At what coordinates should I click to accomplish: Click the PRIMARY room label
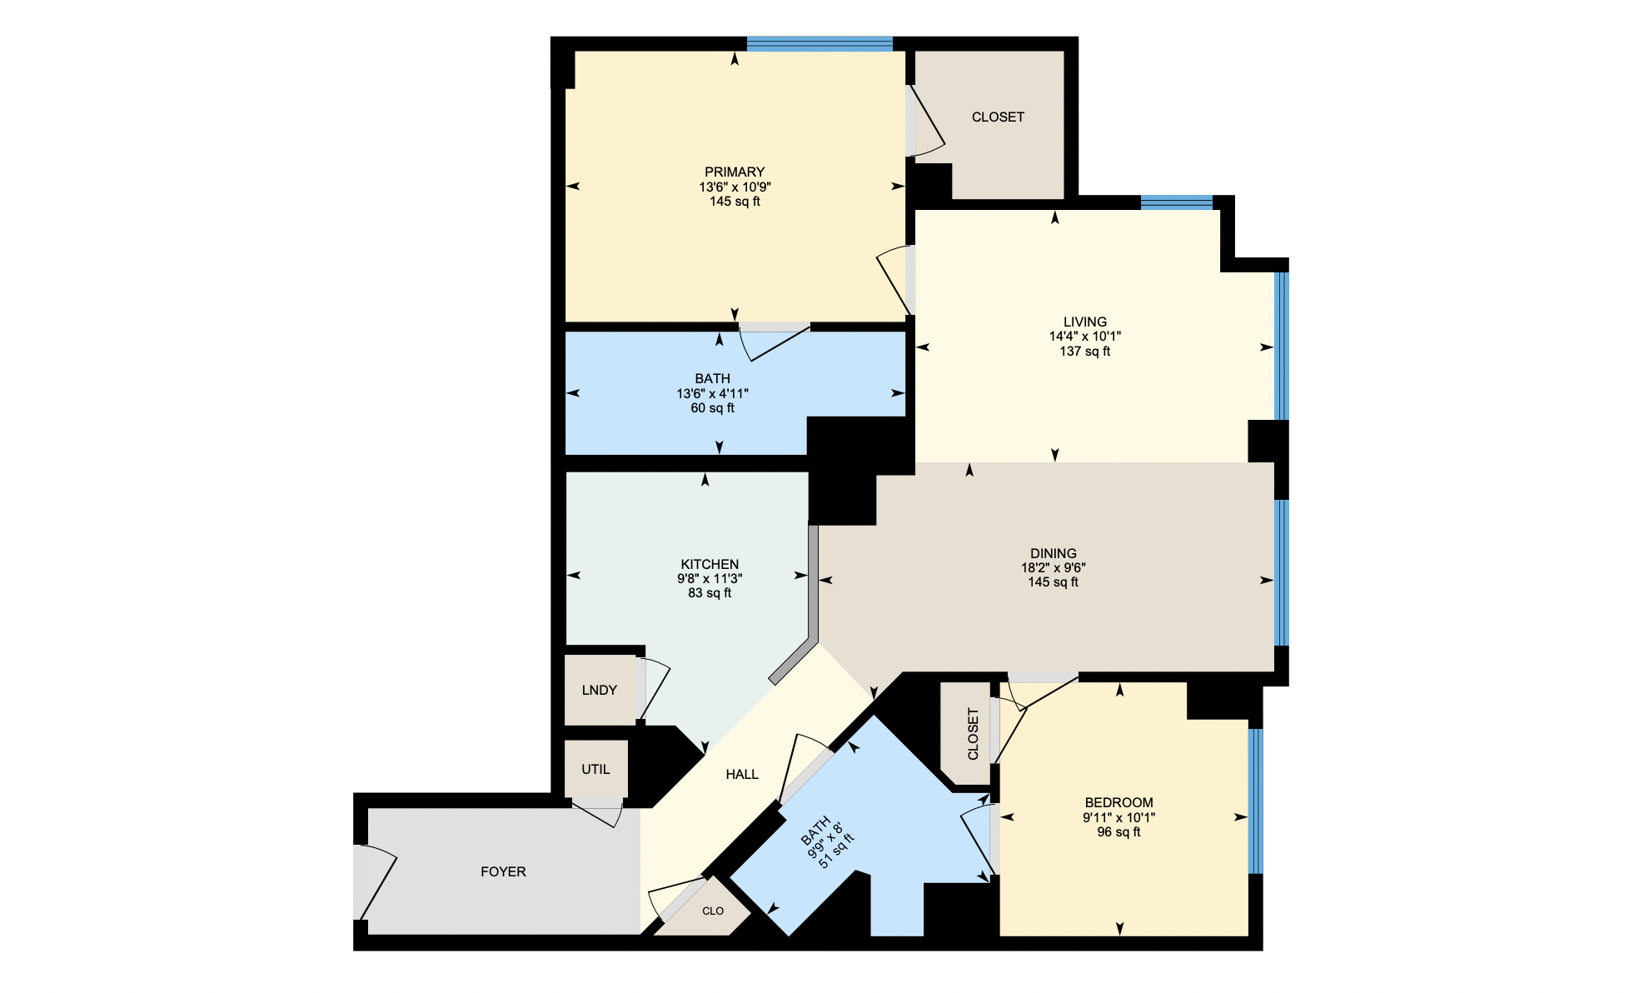coord(735,172)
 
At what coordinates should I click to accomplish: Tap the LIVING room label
coord(1084,322)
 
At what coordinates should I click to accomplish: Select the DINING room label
coord(1053,553)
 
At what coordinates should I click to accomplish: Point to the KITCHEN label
coord(710,564)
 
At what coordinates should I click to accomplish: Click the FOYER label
coord(503,871)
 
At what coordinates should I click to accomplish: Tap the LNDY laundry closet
coord(600,690)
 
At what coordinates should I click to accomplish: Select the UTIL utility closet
coord(595,769)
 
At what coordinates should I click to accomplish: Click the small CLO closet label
coord(713,911)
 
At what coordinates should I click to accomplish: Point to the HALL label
coord(741,774)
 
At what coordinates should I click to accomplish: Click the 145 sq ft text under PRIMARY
coord(735,202)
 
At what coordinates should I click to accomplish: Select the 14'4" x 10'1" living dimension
coord(1084,337)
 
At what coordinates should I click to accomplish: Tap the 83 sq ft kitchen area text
coord(710,593)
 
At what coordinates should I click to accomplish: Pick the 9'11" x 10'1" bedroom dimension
coord(1118,818)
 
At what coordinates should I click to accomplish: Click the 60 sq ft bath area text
coord(712,408)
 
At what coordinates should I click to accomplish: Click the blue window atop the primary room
coord(819,44)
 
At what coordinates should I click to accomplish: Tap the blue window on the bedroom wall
coord(1256,801)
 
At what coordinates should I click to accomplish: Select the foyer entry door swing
coord(375,883)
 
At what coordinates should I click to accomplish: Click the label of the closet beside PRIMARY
coord(998,117)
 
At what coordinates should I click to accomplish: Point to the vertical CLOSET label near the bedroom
coord(973,734)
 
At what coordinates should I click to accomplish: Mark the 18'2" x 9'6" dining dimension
coord(1053,568)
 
